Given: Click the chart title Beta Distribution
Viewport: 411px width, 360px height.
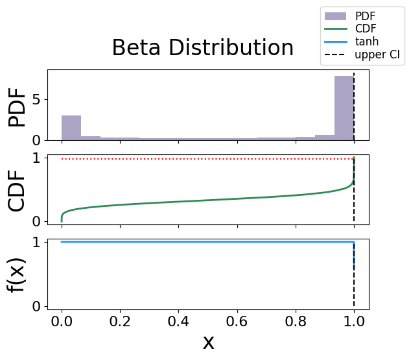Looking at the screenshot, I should coord(202,49).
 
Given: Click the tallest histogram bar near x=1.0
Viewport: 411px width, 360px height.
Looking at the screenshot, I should coord(344,108).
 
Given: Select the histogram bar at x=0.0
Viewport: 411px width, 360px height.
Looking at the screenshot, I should coord(71,128).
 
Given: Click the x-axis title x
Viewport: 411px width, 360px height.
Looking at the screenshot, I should coord(208,342).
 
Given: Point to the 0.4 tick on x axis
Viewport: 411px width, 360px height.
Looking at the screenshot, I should coord(178,321).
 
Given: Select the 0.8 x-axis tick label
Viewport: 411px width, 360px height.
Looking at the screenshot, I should coord(296,321).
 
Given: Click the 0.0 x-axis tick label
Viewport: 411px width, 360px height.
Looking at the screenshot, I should coord(62,321).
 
